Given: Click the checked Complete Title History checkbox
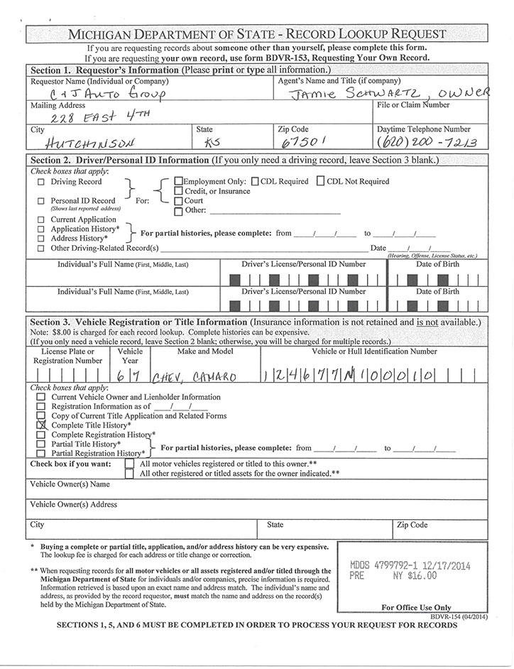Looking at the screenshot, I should coord(41,425).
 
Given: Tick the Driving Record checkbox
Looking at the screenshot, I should coord(40,182).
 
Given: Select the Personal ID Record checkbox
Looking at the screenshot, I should coord(40,201).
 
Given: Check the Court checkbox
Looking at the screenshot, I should coord(179,201).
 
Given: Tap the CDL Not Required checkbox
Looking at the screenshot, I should coord(321,181).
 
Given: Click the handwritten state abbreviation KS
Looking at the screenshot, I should coord(212,141).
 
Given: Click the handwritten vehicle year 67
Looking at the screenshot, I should coord(131,374).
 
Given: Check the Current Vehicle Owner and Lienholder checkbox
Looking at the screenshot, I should coord(41,397).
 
